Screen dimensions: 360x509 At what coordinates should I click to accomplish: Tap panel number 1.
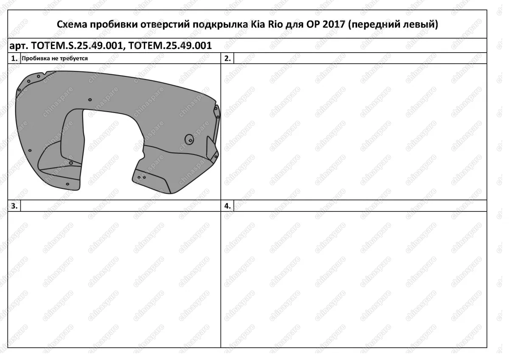point(14,59)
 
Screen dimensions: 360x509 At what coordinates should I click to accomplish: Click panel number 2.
point(227,59)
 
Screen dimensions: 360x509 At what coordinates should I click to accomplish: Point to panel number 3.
point(14,206)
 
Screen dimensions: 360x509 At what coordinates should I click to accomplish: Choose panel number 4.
point(227,206)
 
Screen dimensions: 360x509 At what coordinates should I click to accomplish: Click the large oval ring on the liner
point(189,139)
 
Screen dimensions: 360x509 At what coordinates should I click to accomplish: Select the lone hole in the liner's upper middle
point(90,100)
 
